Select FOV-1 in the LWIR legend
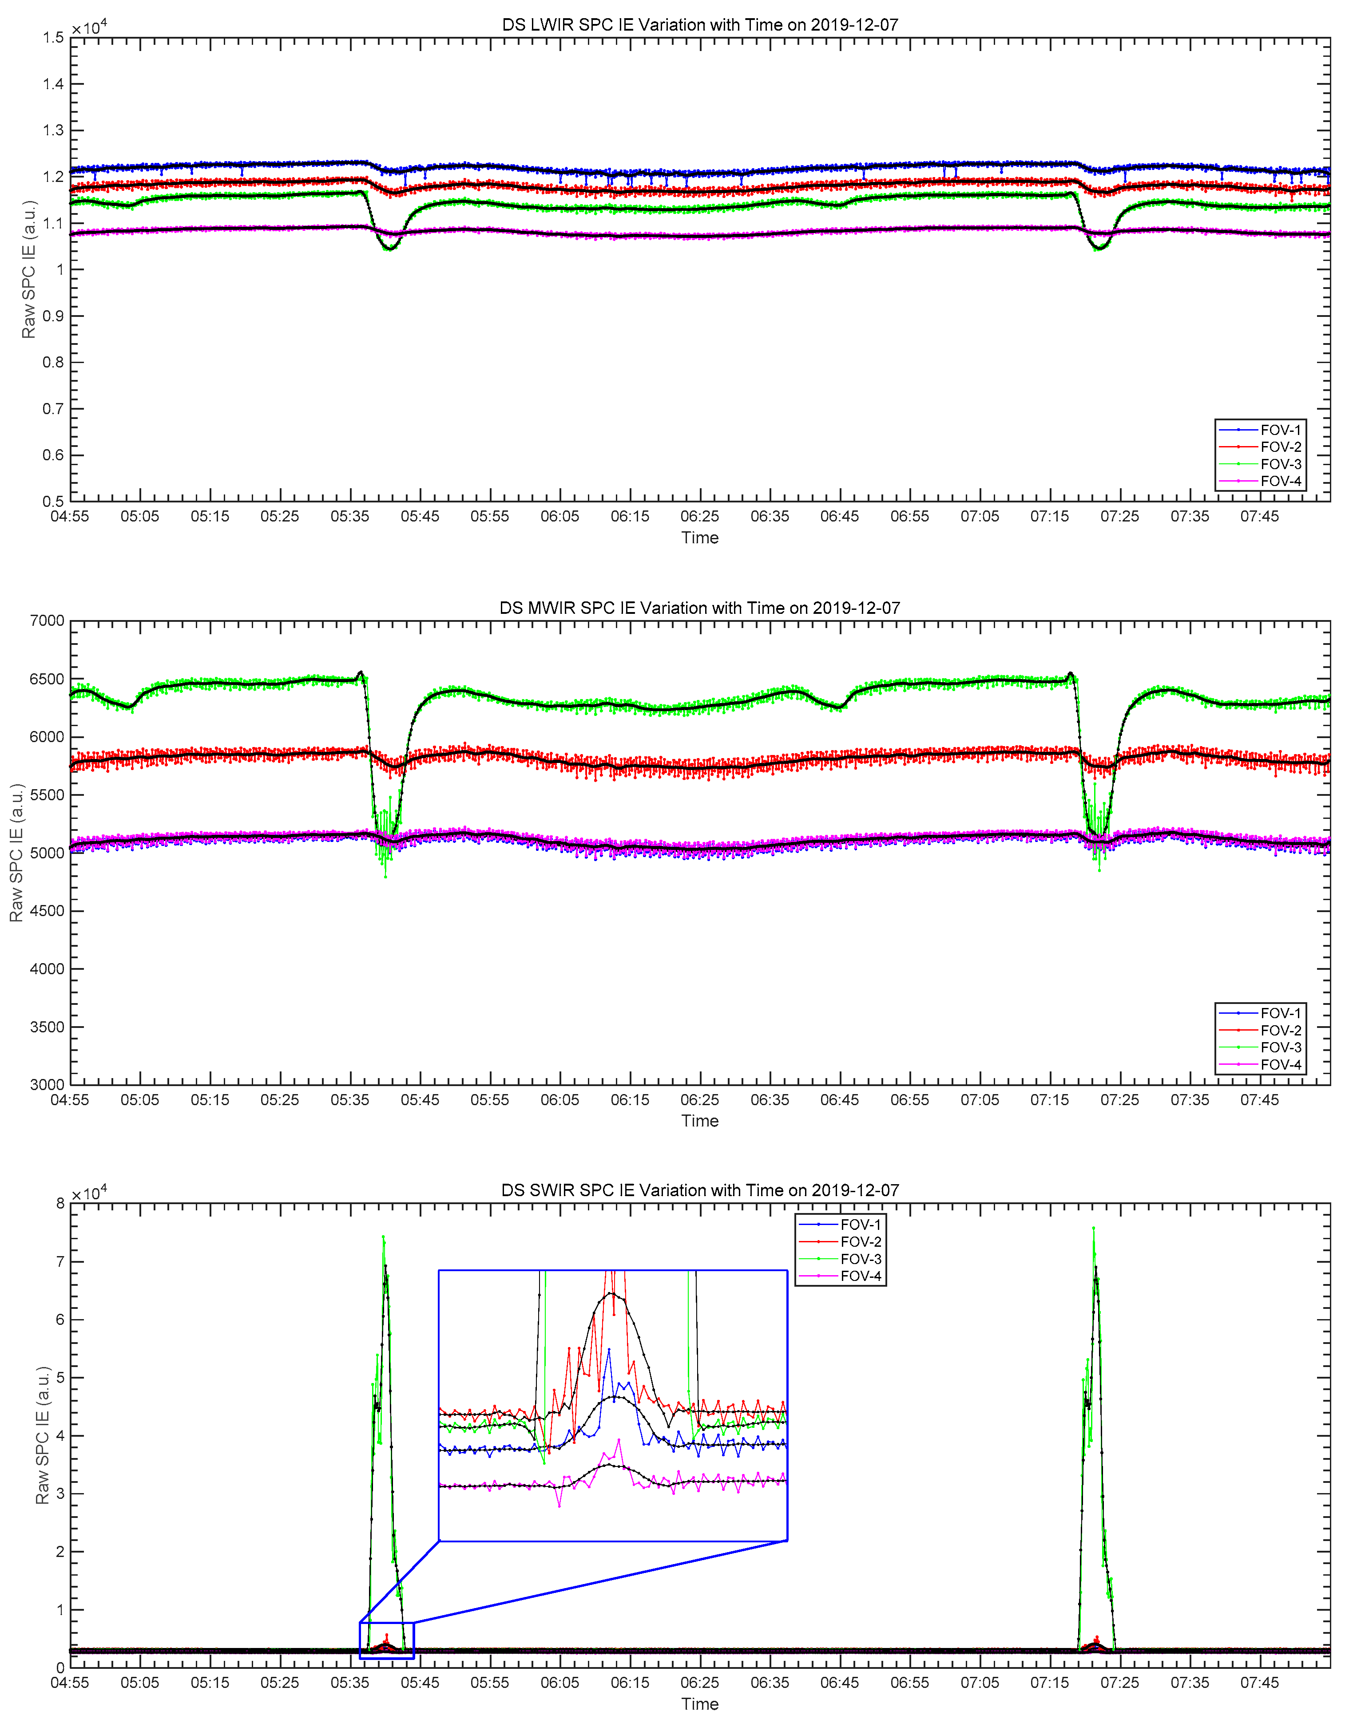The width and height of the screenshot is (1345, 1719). (x=1281, y=430)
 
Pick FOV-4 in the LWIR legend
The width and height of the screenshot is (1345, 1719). (x=1281, y=481)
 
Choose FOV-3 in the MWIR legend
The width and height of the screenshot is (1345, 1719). (x=1281, y=1047)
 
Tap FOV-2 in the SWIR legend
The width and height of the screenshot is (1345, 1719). (x=861, y=1242)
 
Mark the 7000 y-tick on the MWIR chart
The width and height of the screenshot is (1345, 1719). (x=47, y=621)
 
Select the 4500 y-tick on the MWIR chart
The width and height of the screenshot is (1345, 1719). (x=47, y=911)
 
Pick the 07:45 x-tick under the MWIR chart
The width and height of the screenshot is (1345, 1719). (x=1259, y=1099)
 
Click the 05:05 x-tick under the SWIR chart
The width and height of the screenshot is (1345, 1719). (x=140, y=1683)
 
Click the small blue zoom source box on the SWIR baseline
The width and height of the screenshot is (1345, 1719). (x=387, y=1640)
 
